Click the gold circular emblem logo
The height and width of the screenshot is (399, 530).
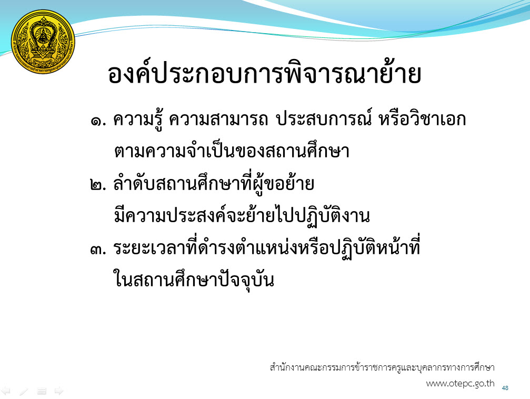pos(43,42)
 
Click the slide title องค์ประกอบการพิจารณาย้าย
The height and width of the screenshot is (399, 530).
pos(265,73)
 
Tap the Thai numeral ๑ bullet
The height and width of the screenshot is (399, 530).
pos(98,121)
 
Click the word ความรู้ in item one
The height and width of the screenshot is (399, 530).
pos(138,119)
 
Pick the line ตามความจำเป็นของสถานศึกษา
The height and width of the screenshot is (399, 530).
pos(232,150)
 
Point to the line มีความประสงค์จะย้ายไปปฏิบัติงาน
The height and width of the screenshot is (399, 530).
pos(242,215)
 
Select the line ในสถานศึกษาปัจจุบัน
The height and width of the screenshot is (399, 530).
pos(194,280)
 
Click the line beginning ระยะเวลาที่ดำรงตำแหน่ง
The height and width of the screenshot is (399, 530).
pos(267,247)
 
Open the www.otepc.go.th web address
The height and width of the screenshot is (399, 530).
pos(460,383)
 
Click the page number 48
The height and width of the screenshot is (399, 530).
pos(505,388)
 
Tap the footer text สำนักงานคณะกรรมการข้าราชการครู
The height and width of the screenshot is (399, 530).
pos(382,367)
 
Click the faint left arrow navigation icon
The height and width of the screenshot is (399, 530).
pos(6,391)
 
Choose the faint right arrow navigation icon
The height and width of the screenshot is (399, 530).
pos(59,391)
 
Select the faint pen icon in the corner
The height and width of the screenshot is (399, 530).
pos(24,392)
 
